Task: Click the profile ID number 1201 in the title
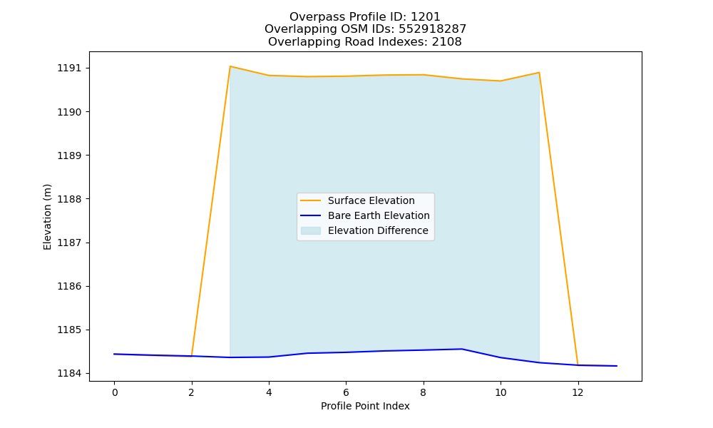tap(425, 17)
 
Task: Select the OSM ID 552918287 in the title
tap(433, 29)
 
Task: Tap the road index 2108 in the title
tap(446, 42)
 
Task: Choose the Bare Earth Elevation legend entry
tap(364, 215)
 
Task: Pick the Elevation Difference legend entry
tap(364, 230)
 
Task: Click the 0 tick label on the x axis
tap(115, 392)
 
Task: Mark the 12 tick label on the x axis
tap(578, 392)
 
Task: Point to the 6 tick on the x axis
tap(346, 392)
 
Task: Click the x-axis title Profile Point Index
tap(365, 406)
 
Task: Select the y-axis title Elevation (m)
tap(47, 217)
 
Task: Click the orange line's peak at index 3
tap(230, 66)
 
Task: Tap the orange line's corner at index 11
tap(539, 72)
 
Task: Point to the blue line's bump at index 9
tap(462, 349)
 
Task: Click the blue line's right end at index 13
tap(617, 366)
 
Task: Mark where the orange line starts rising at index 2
tap(191, 356)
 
